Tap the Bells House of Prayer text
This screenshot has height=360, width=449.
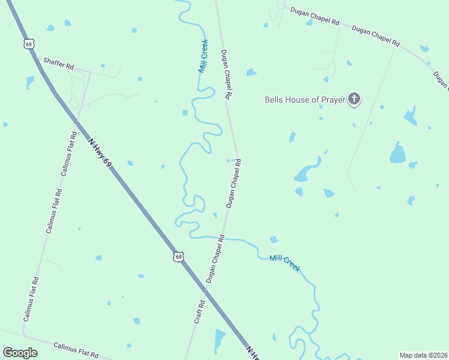pos(305,100)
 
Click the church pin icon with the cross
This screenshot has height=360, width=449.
pos(354,98)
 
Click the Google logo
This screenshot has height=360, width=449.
pos(20,353)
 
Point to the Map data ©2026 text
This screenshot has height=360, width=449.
pos(423,355)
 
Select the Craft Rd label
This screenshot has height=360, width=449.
pos(199,312)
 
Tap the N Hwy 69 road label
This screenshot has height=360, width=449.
pos(100,152)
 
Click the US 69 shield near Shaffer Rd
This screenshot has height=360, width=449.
pos(29,44)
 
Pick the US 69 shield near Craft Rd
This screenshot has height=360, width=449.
pos(178,257)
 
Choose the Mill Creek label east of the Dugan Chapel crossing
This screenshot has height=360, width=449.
pos(285,263)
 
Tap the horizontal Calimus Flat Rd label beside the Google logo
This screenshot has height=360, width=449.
pos(76,349)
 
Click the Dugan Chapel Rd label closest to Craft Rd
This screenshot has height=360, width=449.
pos(215,259)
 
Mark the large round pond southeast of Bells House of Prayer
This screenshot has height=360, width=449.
pos(397,153)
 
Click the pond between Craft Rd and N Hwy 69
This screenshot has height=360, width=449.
pos(219,341)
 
